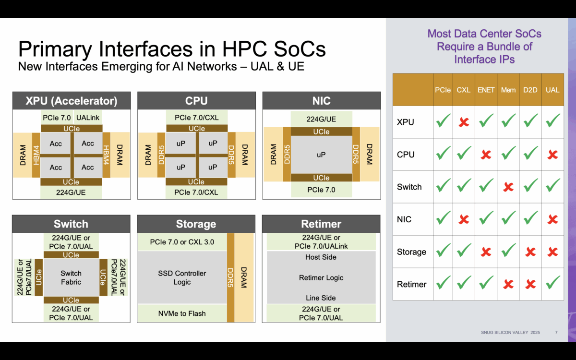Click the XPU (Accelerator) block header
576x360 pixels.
click(71, 101)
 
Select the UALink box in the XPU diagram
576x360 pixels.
click(87, 118)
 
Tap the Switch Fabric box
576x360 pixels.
click(71, 277)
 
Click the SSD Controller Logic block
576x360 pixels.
click(182, 277)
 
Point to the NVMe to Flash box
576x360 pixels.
click(182, 313)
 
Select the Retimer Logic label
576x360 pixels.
click(321, 277)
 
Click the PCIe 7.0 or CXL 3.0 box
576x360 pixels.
click(182, 242)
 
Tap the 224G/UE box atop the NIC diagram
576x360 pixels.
click(321, 119)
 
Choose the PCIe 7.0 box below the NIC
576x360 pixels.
click(321, 190)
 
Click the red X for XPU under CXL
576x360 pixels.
click(464, 122)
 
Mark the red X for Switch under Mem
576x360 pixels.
click(508, 187)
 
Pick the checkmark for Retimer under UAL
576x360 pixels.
click(552, 284)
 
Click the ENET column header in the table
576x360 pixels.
click(486, 90)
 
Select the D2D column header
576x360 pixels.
click(530, 90)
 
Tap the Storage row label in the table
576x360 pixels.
click(411, 252)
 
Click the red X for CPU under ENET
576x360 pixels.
click(486, 155)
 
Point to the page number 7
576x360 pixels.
click(556, 332)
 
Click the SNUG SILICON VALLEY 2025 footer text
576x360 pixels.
click(510, 332)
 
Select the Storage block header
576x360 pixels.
click(196, 224)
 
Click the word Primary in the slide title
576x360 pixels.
click(50, 49)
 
